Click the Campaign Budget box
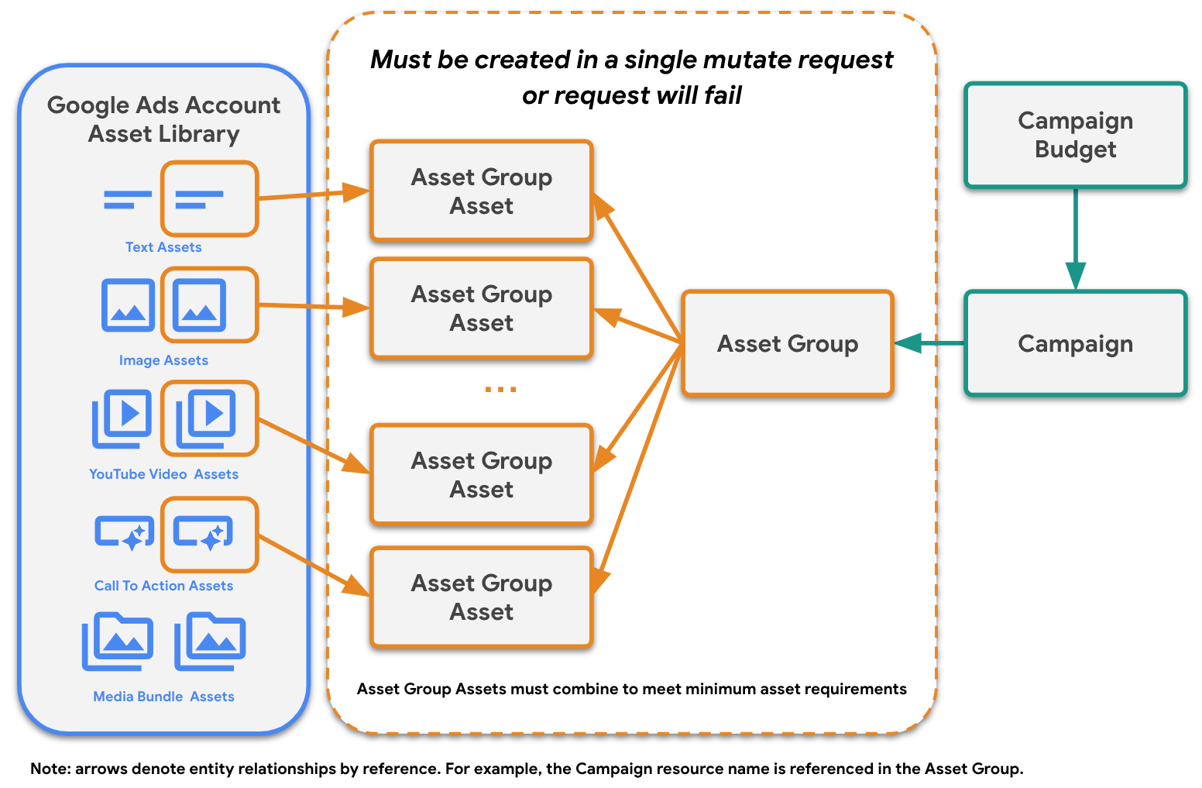coord(1075,135)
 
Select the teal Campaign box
coord(1075,343)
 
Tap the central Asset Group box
coord(788,343)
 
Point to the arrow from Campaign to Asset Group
coord(929,342)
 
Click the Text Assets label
coord(163,247)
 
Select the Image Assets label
coord(163,360)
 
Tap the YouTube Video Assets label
coord(163,474)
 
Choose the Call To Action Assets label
coord(163,586)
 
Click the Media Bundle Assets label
coord(163,697)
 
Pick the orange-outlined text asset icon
coord(209,199)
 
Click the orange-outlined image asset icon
coord(209,305)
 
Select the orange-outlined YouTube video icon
coord(209,418)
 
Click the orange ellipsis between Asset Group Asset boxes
coord(500,390)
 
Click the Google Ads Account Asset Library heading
coord(163,119)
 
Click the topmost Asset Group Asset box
coord(482,191)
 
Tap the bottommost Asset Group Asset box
coord(482,597)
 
